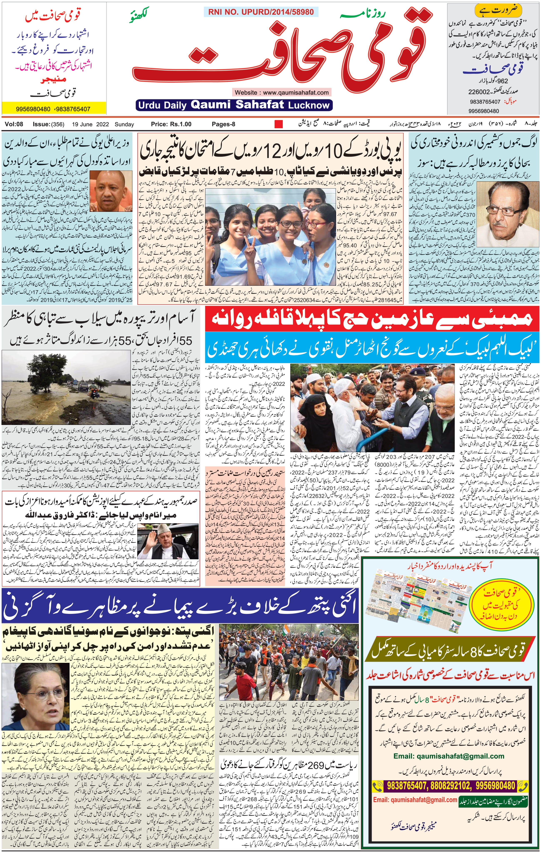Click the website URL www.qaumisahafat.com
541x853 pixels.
[x=282, y=92]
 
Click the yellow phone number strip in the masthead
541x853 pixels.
[x=54, y=109]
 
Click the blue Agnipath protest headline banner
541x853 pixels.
[x=180, y=606]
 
